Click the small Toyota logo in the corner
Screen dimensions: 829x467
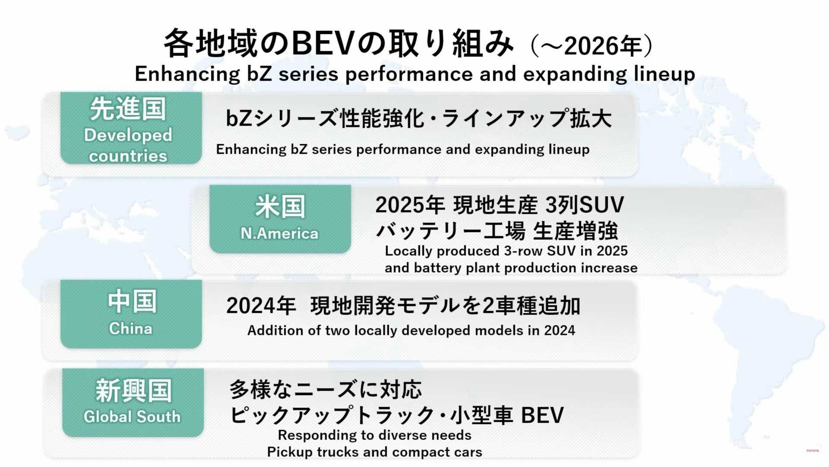click(812, 451)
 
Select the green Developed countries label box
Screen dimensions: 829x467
click(131, 128)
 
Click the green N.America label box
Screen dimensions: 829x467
click(280, 219)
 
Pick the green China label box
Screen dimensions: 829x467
click(131, 314)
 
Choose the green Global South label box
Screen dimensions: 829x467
click(133, 403)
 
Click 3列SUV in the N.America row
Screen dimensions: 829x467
click(585, 205)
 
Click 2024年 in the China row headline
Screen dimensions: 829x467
click(261, 306)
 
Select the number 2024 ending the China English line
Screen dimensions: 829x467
click(560, 330)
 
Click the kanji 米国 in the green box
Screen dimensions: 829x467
click(280, 207)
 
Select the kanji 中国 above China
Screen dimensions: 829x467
click(132, 301)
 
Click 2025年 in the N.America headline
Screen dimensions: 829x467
click(410, 205)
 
